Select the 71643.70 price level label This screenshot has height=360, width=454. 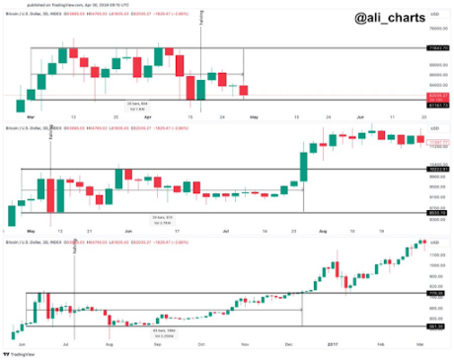[435, 47]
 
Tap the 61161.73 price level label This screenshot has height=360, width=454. [435, 102]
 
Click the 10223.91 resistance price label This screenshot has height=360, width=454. [435, 169]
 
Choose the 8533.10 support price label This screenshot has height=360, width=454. [435, 212]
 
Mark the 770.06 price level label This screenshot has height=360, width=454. [435, 293]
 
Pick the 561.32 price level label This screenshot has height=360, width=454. [435, 325]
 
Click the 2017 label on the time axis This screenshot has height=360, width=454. [334, 342]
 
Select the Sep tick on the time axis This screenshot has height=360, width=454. [159, 342]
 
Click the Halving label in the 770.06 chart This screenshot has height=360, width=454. [77, 248]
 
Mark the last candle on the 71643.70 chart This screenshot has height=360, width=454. [244, 91]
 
